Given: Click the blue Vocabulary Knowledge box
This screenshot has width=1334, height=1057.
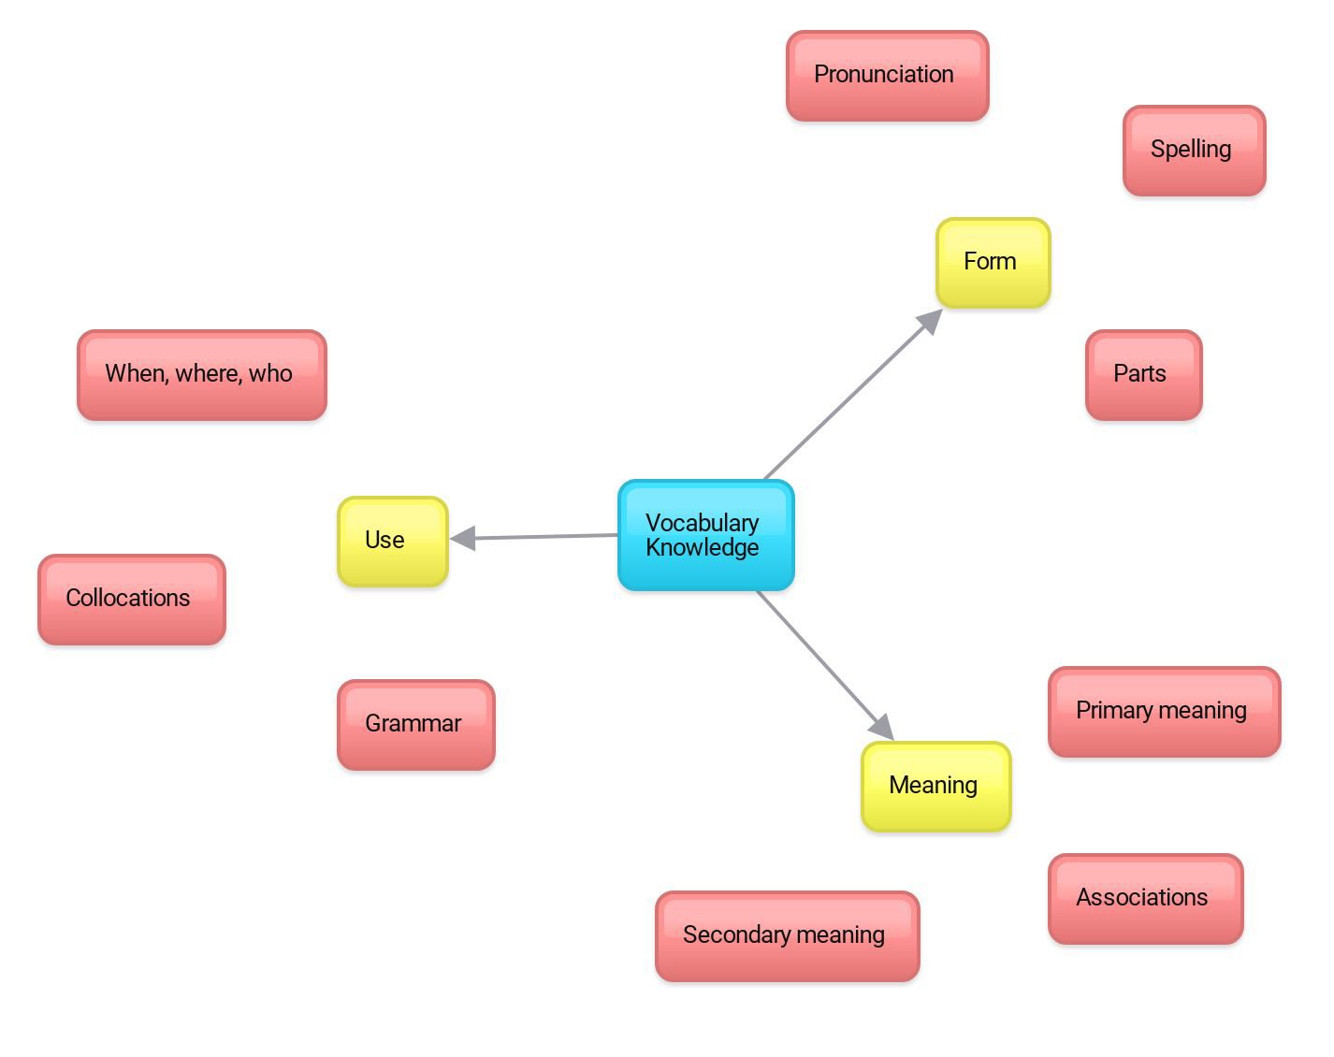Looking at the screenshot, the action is [x=706, y=535].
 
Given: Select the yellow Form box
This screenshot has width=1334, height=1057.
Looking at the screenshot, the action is [x=993, y=263].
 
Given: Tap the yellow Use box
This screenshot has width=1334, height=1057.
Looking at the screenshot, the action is [x=393, y=542].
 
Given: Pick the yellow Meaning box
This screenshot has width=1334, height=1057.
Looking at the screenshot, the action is [x=936, y=786].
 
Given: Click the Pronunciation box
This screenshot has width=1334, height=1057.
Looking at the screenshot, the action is [x=887, y=76].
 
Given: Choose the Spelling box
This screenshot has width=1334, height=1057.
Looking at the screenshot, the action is [x=1194, y=151].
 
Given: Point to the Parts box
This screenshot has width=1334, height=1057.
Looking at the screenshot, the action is [x=1144, y=375].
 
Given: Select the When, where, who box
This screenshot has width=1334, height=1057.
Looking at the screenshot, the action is [x=202, y=375].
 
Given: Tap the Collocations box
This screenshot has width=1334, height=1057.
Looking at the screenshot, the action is [x=131, y=600].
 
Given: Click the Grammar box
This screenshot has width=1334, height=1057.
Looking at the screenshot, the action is [x=416, y=725].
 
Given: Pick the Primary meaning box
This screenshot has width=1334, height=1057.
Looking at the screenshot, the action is [x=1164, y=712].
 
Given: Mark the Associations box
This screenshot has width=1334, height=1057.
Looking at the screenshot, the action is [x=1146, y=899].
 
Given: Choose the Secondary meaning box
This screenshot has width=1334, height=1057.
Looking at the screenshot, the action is [x=788, y=936].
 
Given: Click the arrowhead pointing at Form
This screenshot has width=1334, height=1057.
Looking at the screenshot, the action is [x=931, y=321].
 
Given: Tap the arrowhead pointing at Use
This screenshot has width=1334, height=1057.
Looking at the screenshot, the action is [x=463, y=538].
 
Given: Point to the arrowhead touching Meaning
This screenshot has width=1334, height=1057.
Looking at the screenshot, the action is [x=881, y=727].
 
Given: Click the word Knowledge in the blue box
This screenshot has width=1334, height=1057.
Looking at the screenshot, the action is [x=703, y=547].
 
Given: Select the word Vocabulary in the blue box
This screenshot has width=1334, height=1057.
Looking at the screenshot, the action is [x=703, y=523].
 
